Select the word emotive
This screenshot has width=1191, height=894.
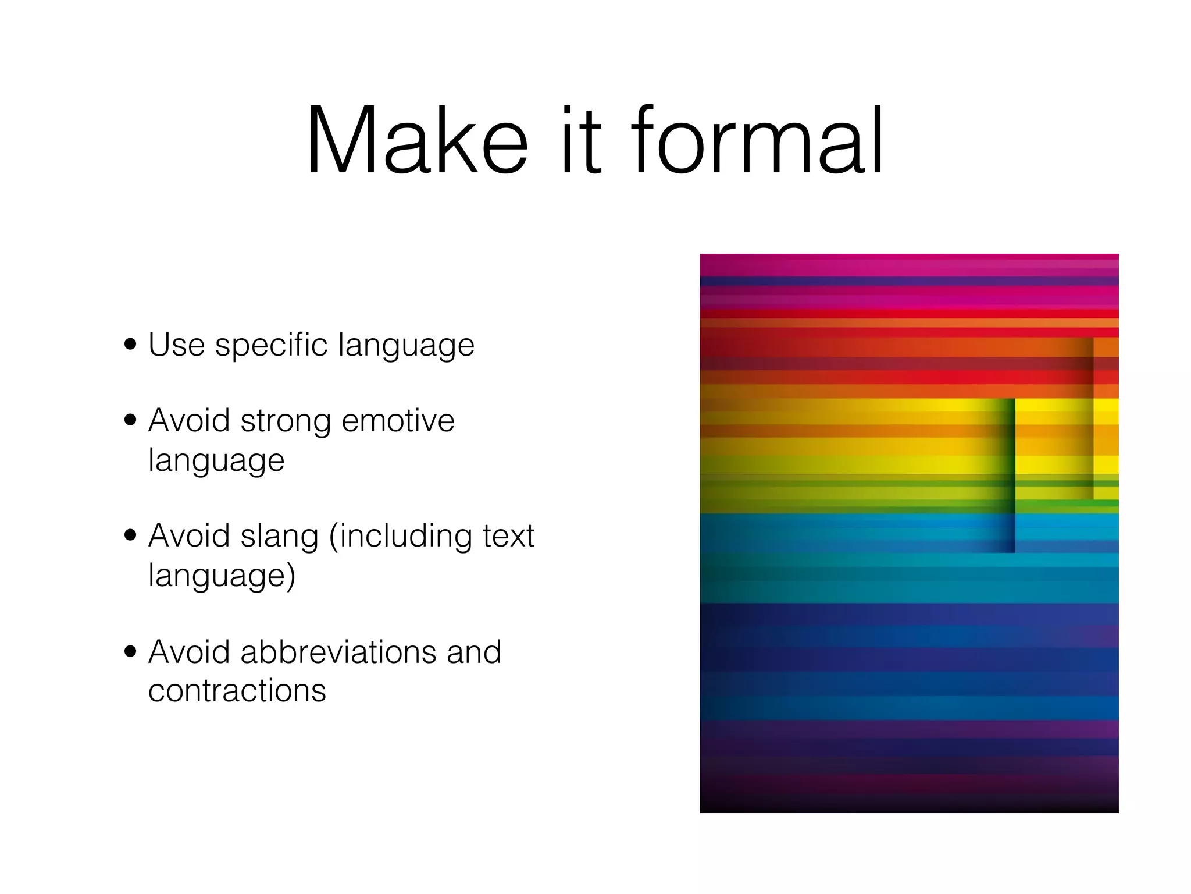point(398,421)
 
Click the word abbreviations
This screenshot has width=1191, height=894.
point(338,652)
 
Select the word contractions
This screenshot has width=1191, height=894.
point(237,691)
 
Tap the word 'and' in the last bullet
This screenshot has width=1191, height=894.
point(473,652)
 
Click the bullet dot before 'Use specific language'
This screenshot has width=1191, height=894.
point(130,344)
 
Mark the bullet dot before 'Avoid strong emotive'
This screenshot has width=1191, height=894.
point(130,420)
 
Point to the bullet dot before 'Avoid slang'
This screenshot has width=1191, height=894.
point(130,535)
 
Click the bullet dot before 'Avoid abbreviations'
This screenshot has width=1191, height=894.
point(130,651)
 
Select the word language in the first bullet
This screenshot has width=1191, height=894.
point(406,346)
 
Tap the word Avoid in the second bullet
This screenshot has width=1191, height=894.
point(189,421)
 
